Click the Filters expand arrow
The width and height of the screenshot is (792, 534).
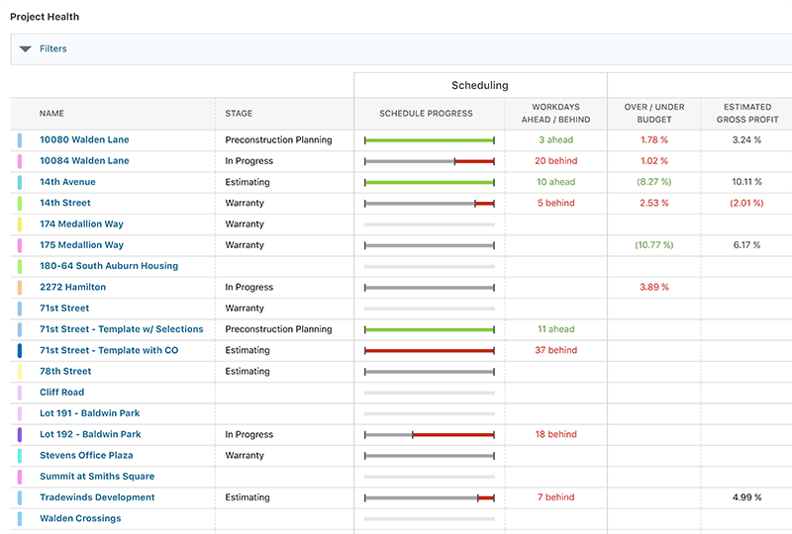tap(26, 48)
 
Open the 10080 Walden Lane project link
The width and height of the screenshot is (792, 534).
tap(84, 140)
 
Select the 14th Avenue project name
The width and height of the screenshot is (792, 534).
tap(67, 182)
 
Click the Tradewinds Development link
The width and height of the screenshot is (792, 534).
tap(97, 497)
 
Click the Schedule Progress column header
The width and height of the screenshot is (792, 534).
tap(426, 114)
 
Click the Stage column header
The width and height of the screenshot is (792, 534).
tap(239, 114)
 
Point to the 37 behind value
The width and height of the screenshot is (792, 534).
tap(555, 350)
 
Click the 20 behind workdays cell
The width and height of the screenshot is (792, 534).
tap(555, 161)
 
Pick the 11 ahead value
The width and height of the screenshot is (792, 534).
tap(555, 329)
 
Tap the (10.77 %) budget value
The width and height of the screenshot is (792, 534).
tap(653, 245)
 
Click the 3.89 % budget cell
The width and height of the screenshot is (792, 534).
tap(653, 287)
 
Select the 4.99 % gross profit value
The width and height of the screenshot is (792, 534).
tap(746, 497)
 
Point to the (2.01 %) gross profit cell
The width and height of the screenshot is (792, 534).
tap(746, 203)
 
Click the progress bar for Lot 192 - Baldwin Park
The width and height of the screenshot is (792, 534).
tap(429, 434)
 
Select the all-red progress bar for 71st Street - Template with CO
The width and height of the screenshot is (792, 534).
tap(429, 350)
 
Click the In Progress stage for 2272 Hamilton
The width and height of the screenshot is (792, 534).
tap(248, 287)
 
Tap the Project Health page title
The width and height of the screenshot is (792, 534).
tap(45, 17)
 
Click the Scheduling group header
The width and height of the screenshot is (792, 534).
tap(480, 86)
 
